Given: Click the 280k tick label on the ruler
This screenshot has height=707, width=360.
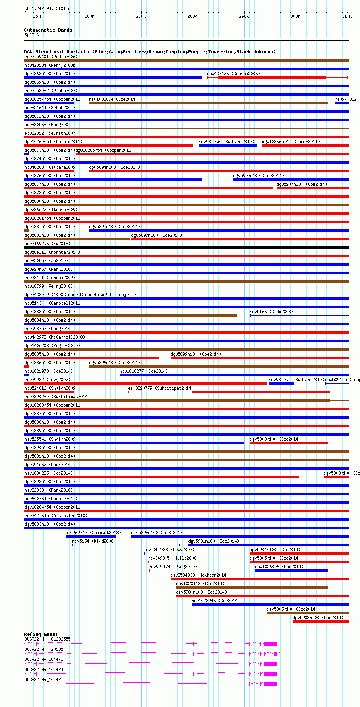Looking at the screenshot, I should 192,16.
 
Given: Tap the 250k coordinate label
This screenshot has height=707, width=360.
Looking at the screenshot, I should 38,16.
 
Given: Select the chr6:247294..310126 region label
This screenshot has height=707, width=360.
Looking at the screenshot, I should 47,8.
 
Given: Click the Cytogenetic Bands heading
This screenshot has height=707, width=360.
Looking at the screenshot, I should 48,30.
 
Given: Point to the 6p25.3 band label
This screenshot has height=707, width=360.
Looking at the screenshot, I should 32,35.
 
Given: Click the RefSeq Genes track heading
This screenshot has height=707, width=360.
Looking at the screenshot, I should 41,634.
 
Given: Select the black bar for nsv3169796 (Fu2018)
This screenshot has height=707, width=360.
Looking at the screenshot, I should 186,248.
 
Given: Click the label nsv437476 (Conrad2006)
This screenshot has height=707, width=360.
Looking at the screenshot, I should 233,74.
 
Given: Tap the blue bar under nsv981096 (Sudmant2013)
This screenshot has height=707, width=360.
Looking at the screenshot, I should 228,146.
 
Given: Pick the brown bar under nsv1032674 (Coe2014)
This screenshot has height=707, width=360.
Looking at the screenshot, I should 208,103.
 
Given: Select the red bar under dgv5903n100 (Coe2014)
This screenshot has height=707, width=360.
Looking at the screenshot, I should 288,443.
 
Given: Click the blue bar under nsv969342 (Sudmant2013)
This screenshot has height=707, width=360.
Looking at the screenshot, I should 91,537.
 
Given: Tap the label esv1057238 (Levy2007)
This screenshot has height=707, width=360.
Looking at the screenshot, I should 169,550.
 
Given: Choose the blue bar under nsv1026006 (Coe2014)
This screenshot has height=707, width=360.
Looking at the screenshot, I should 291,571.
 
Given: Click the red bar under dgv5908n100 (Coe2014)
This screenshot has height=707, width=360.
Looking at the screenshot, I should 320,622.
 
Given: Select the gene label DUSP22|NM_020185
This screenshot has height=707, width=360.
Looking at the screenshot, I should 44,649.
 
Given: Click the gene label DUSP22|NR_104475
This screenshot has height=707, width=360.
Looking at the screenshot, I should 44,679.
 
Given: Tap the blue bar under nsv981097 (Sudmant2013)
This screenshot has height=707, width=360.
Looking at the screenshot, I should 281,384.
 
